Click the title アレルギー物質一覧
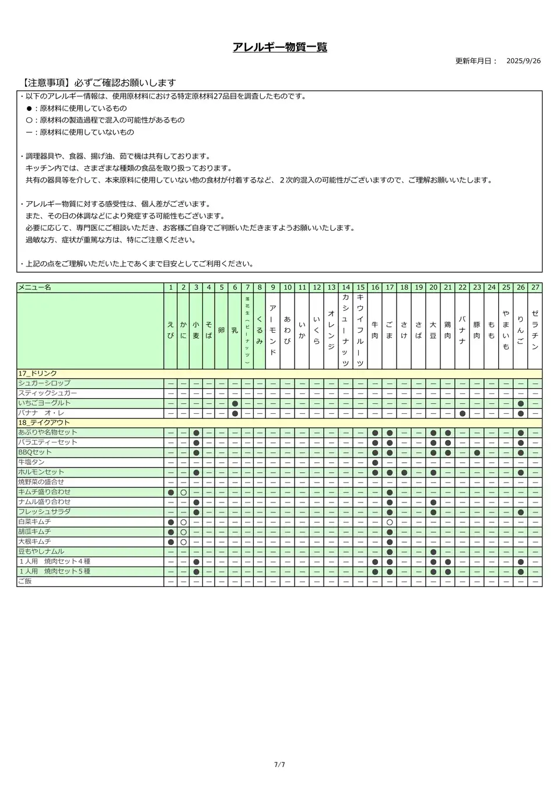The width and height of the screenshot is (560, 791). [x=279, y=47]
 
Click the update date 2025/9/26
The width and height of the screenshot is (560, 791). [x=523, y=61]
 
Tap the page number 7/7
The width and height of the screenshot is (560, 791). [x=279, y=765]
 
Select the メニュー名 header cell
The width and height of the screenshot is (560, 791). [x=35, y=287]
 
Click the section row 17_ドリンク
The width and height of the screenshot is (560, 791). [x=38, y=374]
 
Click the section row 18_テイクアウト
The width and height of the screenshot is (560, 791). [x=44, y=423]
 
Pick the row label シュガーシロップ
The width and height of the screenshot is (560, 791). [x=44, y=384]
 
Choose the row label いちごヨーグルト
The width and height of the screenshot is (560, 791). [x=44, y=403]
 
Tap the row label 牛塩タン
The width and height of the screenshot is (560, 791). [x=32, y=462]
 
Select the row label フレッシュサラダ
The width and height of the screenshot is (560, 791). [x=44, y=512]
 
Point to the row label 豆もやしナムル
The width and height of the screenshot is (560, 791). [x=41, y=551]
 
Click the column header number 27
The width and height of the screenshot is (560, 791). [x=535, y=287]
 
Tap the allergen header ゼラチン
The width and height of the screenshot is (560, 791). [x=535, y=330]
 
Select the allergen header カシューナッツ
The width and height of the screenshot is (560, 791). [x=345, y=330]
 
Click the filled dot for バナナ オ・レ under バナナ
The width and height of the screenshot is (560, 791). [x=462, y=413]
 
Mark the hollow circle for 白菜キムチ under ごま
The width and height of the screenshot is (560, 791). [x=389, y=522]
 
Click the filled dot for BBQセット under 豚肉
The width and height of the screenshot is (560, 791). [x=477, y=452]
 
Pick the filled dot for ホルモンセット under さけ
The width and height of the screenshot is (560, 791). [x=404, y=472]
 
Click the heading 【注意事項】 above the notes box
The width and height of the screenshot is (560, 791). [x=45, y=83]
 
